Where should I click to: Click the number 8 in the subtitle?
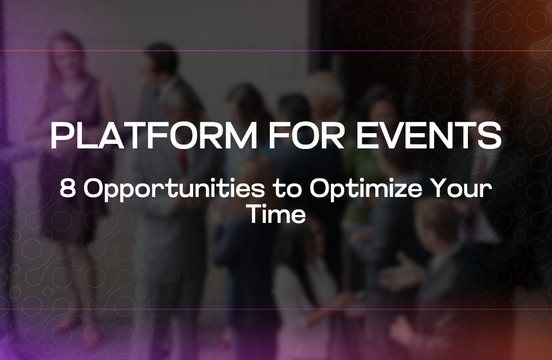67,190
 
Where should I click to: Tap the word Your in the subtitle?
461,190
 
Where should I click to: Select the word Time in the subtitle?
276,214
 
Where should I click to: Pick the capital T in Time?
255,214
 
